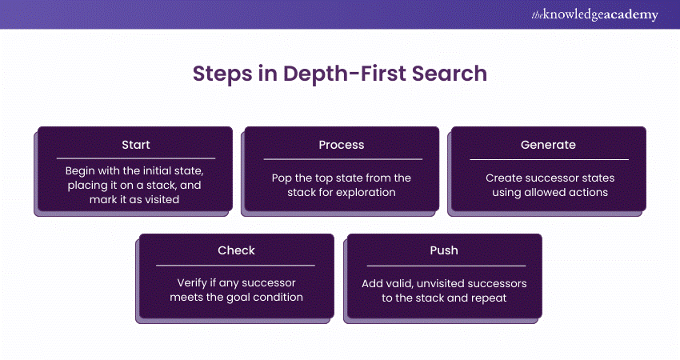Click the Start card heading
point(135,145)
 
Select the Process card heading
point(341,145)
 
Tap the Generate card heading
point(549,145)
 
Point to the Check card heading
point(236,250)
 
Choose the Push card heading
point(444,250)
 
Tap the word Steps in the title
point(222,74)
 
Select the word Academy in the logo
point(634,15)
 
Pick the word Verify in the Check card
point(192,282)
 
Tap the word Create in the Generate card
point(502,178)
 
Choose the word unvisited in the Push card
point(450,283)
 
